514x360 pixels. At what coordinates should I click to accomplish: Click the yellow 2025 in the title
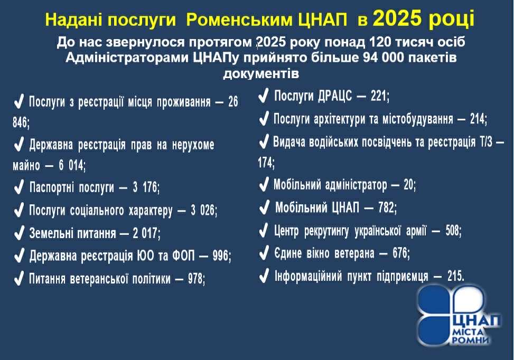[x=397, y=18]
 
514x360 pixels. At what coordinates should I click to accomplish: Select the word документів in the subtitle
[x=261, y=73]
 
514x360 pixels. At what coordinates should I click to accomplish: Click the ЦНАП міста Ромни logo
[x=460, y=316]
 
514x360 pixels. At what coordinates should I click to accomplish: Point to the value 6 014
[x=71, y=165]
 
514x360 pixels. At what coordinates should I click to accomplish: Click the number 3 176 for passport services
[x=146, y=187]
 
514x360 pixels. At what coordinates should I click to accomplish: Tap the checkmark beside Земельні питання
[x=19, y=233]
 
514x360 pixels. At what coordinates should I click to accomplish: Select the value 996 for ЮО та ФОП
[x=221, y=255]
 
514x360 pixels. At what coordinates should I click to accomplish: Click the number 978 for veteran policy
[x=196, y=278]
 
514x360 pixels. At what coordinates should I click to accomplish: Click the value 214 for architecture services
[x=478, y=119]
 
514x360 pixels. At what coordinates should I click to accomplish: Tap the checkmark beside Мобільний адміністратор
[x=264, y=184]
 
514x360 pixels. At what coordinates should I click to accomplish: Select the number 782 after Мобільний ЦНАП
[x=387, y=207]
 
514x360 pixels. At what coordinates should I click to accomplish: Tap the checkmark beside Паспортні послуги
[x=19, y=187]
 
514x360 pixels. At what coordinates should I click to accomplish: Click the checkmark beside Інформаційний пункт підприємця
[x=264, y=276]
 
